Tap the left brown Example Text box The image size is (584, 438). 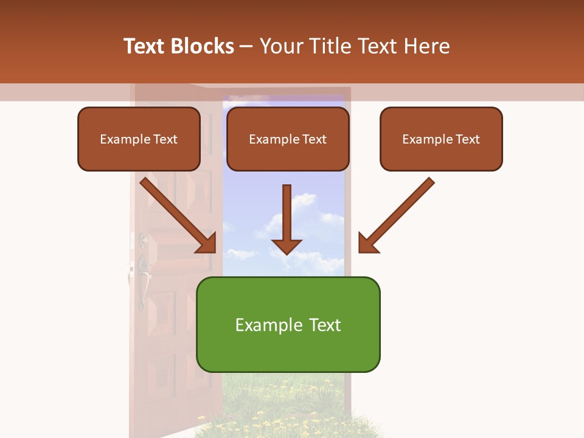[139, 139]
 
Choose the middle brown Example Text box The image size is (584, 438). [288, 139]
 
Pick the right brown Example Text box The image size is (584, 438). [441, 139]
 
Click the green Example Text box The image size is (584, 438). [288, 325]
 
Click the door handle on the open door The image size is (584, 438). [143, 283]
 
